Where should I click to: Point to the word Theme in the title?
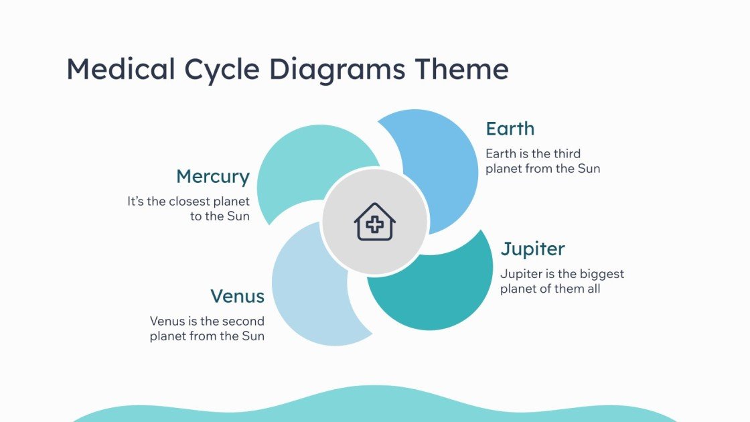click(x=461, y=70)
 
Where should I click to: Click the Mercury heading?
click(x=212, y=177)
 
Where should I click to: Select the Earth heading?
click(x=510, y=129)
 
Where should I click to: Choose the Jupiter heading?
click(x=533, y=249)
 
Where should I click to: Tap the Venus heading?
click(x=237, y=296)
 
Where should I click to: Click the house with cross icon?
click(x=375, y=222)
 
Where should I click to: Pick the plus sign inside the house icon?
click(x=375, y=226)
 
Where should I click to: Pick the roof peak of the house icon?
click(x=375, y=205)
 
